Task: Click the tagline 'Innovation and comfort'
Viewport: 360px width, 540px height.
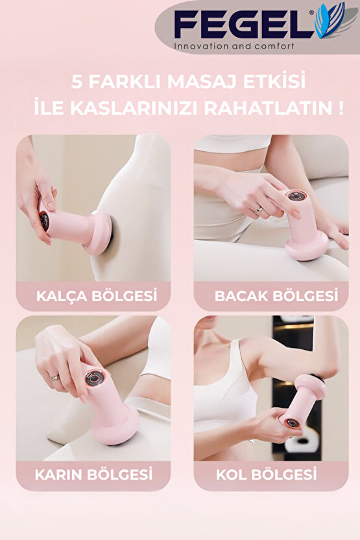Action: [234, 46]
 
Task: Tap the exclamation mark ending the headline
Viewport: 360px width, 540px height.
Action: [341, 108]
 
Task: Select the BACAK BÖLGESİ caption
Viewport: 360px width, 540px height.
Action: [276, 297]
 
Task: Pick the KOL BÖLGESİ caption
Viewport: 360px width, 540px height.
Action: [266, 474]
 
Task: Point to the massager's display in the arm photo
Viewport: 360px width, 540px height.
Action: [292, 422]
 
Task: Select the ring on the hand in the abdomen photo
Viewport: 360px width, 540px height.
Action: [55, 377]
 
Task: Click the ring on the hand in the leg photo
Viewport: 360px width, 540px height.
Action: [258, 210]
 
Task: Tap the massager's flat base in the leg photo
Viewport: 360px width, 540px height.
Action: [306, 247]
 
